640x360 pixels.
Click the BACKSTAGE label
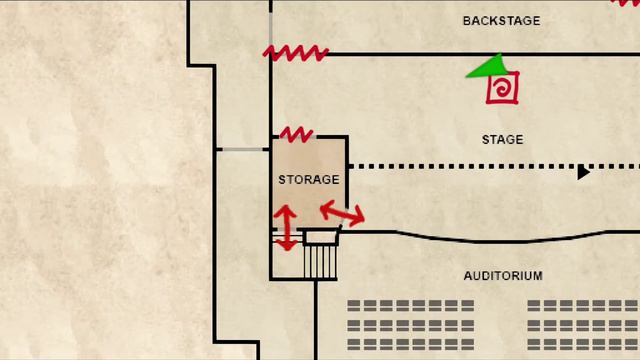(x=502, y=21)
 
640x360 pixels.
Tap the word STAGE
(x=502, y=140)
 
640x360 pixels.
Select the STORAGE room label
(x=309, y=180)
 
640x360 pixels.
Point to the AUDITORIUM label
(x=503, y=276)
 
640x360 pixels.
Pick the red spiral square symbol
(x=502, y=88)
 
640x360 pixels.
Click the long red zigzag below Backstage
(x=296, y=53)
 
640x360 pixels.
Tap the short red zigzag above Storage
(x=296, y=134)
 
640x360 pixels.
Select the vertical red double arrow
(x=286, y=228)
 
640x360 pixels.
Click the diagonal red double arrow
(x=342, y=213)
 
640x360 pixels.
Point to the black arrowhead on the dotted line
(x=583, y=172)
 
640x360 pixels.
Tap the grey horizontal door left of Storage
(x=242, y=149)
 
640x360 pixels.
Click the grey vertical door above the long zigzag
(x=271, y=27)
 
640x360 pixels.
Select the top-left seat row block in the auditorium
(x=411, y=305)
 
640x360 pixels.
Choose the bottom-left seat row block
(x=411, y=344)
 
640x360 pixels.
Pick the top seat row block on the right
(x=584, y=305)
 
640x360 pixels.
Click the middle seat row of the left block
(x=411, y=325)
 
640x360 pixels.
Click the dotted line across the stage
(x=494, y=167)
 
